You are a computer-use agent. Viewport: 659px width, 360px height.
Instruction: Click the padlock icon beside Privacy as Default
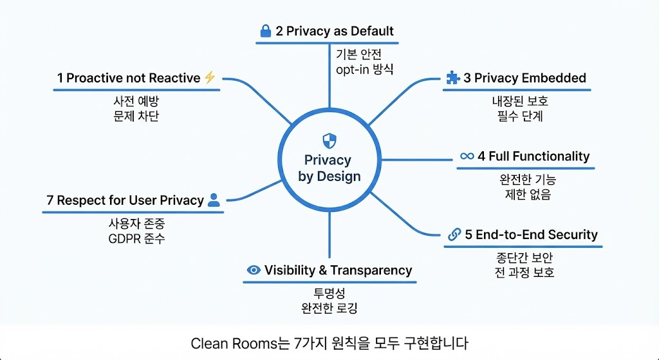[x=265, y=31]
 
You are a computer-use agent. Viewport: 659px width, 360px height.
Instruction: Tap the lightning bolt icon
[x=210, y=78]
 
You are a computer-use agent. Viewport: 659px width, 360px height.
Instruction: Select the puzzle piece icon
[x=452, y=78]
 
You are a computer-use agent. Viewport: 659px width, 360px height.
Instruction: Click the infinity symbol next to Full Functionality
[x=467, y=156]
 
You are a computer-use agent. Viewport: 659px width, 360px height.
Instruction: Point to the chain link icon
[x=454, y=235]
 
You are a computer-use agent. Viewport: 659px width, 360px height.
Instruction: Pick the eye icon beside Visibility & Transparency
[x=254, y=270]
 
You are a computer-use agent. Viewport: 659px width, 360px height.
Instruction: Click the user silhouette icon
[x=214, y=200]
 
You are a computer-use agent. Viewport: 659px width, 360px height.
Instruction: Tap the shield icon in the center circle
[x=328, y=140]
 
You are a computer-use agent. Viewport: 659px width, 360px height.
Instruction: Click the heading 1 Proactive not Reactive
[x=128, y=78]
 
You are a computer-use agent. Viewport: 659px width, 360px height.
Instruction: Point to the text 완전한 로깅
[x=329, y=308]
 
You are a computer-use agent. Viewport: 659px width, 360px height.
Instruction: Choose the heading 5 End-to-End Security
[x=531, y=235]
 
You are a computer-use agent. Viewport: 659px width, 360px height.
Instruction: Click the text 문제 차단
[x=135, y=116]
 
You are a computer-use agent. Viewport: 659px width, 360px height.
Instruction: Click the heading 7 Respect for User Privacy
[x=125, y=200]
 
